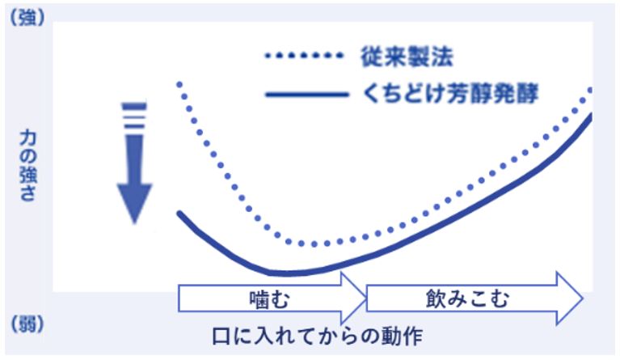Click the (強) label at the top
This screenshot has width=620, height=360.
27,18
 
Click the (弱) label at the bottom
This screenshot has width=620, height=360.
27,325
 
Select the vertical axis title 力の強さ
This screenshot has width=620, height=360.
27,166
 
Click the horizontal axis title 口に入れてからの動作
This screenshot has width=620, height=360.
317,337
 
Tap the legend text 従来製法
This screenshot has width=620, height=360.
407,57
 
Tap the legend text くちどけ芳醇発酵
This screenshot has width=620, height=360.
450,94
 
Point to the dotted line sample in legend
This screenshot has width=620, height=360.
304,56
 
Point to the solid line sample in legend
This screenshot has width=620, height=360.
307,95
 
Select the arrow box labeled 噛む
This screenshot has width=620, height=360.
273,299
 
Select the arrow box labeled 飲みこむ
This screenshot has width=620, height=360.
474,299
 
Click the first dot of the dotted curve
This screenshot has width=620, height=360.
179,84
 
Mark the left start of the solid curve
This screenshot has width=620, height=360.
179,214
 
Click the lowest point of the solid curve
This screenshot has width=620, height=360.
285,273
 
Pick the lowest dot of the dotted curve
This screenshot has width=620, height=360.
314,244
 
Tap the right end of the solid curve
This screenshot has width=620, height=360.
592,115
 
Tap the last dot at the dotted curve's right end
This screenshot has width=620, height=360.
591,90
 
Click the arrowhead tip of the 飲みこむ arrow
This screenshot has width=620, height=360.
583,299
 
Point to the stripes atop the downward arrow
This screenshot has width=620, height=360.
134,116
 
